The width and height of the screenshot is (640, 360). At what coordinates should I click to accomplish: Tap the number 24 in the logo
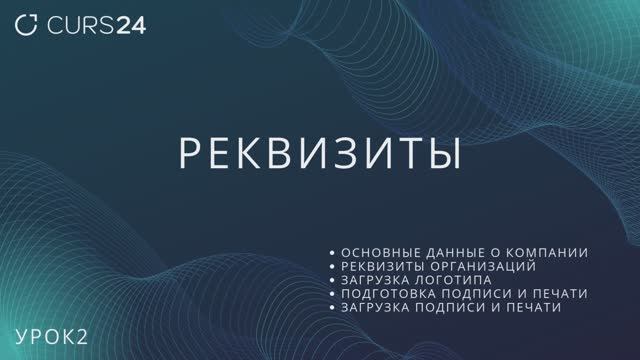pos(130,26)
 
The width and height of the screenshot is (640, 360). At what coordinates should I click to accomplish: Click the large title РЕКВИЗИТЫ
pos(319,153)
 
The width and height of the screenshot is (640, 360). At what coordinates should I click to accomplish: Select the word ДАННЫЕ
pos(456,252)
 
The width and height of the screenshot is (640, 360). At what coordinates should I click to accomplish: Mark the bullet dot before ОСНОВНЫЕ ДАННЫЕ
pos(333,253)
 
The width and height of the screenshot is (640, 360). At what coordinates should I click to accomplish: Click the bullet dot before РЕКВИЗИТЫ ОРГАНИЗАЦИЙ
pos(333,267)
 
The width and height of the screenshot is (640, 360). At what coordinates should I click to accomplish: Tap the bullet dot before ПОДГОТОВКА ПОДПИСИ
pos(333,295)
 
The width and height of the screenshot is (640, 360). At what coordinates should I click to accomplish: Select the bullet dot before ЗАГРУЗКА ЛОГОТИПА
pos(333,281)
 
